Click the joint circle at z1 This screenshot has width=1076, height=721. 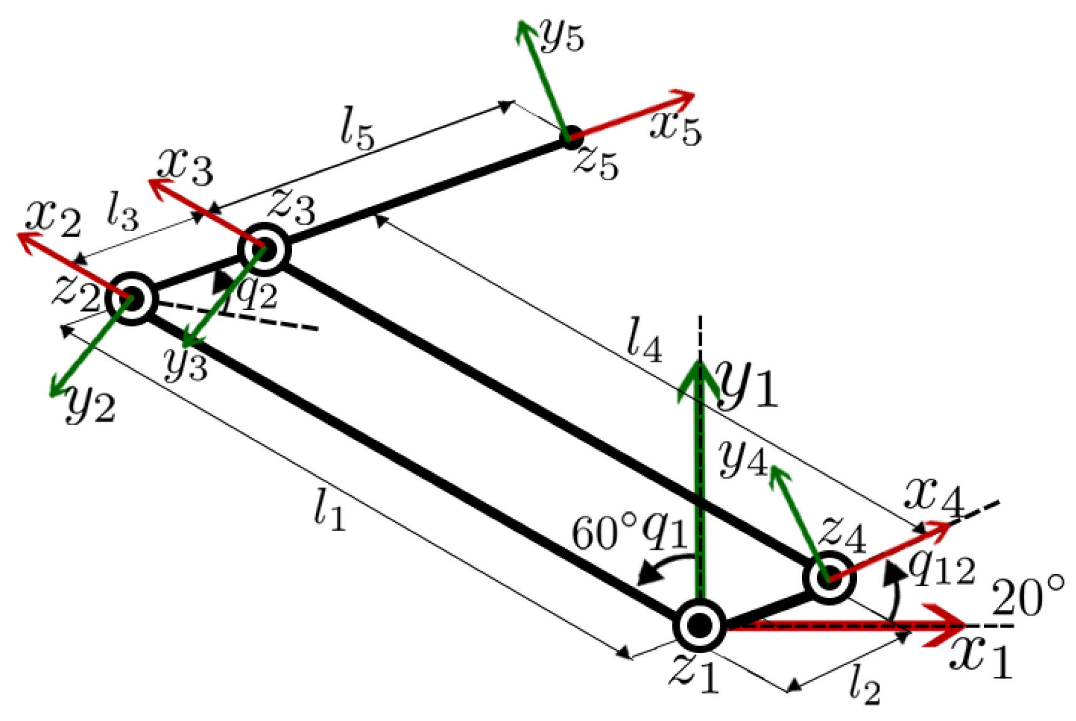click(x=699, y=625)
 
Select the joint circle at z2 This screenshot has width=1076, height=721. click(x=131, y=299)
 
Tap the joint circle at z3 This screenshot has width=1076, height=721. click(x=264, y=249)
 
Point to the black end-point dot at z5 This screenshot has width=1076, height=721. click(x=571, y=137)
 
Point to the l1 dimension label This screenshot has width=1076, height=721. click(x=329, y=510)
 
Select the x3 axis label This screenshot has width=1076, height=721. click(x=185, y=166)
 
